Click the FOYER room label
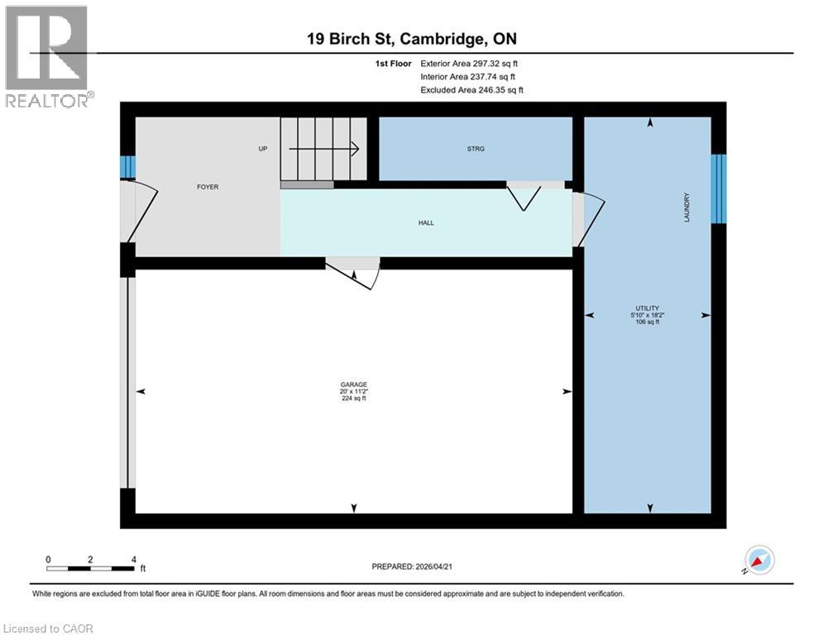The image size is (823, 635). (208, 188)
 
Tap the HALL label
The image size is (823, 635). (426, 223)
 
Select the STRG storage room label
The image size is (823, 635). (475, 150)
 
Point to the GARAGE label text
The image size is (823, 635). (353, 384)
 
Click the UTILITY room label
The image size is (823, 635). (646, 308)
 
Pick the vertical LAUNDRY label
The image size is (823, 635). (687, 208)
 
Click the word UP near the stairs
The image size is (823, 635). (262, 150)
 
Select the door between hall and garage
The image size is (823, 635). (354, 272)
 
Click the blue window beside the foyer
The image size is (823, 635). (127, 168)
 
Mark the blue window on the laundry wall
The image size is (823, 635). (719, 189)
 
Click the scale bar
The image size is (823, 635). (90, 568)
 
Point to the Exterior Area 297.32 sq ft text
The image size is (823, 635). (470, 63)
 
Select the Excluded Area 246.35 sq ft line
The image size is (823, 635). (472, 89)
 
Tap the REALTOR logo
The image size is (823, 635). (47, 56)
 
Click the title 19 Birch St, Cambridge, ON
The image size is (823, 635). (411, 39)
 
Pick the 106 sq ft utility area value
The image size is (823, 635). (646, 322)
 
